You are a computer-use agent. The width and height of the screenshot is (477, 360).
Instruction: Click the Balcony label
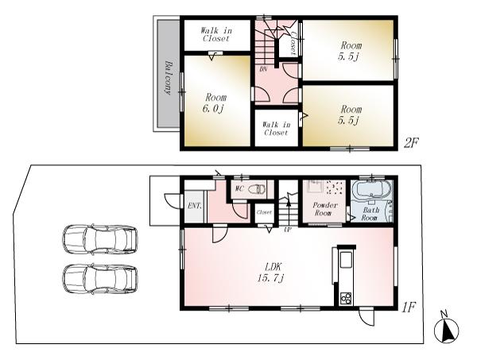pyautogui.click(x=168, y=77)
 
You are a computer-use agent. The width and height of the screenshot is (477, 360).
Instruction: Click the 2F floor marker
pyautogui.click(x=410, y=143)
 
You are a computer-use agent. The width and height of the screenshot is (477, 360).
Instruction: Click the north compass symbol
pyautogui.click(x=447, y=330)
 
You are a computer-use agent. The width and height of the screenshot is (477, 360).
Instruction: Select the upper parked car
pyautogui.click(x=99, y=238)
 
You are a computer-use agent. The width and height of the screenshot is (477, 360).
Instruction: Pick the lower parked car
pyautogui.click(x=99, y=278)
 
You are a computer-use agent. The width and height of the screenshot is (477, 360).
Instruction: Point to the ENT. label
pyautogui.click(x=194, y=206)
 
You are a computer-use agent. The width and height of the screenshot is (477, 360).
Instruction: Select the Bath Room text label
pyautogui.click(x=370, y=213)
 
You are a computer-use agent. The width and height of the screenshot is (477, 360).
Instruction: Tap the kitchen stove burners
pyautogui.click(x=346, y=298)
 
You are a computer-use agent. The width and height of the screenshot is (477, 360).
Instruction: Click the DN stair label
pyautogui.click(x=263, y=70)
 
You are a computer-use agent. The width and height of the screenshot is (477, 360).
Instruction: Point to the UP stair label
pyautogui.click(x=287, y=229)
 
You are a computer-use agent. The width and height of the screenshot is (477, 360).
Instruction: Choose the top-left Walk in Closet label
pyautogui.click(x=215, y=33)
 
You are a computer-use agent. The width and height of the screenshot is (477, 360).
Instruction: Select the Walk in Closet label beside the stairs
pyautogui.click(x=276, y=128)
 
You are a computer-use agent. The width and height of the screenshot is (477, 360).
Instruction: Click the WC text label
pyautogui.click(x=238, y=189)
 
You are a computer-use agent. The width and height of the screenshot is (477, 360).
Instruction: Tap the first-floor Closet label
pyautogui.click(x=264, y=213)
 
